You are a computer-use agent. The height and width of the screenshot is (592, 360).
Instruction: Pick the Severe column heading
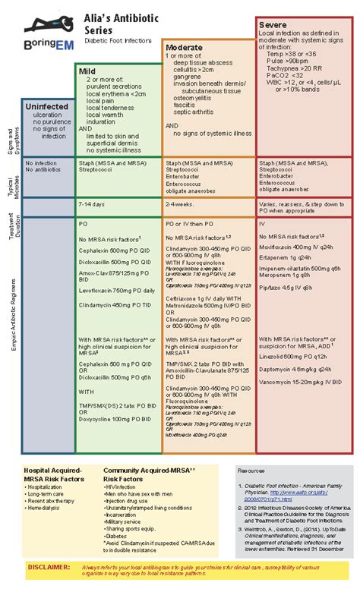[x=274, y=25]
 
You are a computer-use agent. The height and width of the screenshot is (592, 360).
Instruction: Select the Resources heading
[x=254, y=471]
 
